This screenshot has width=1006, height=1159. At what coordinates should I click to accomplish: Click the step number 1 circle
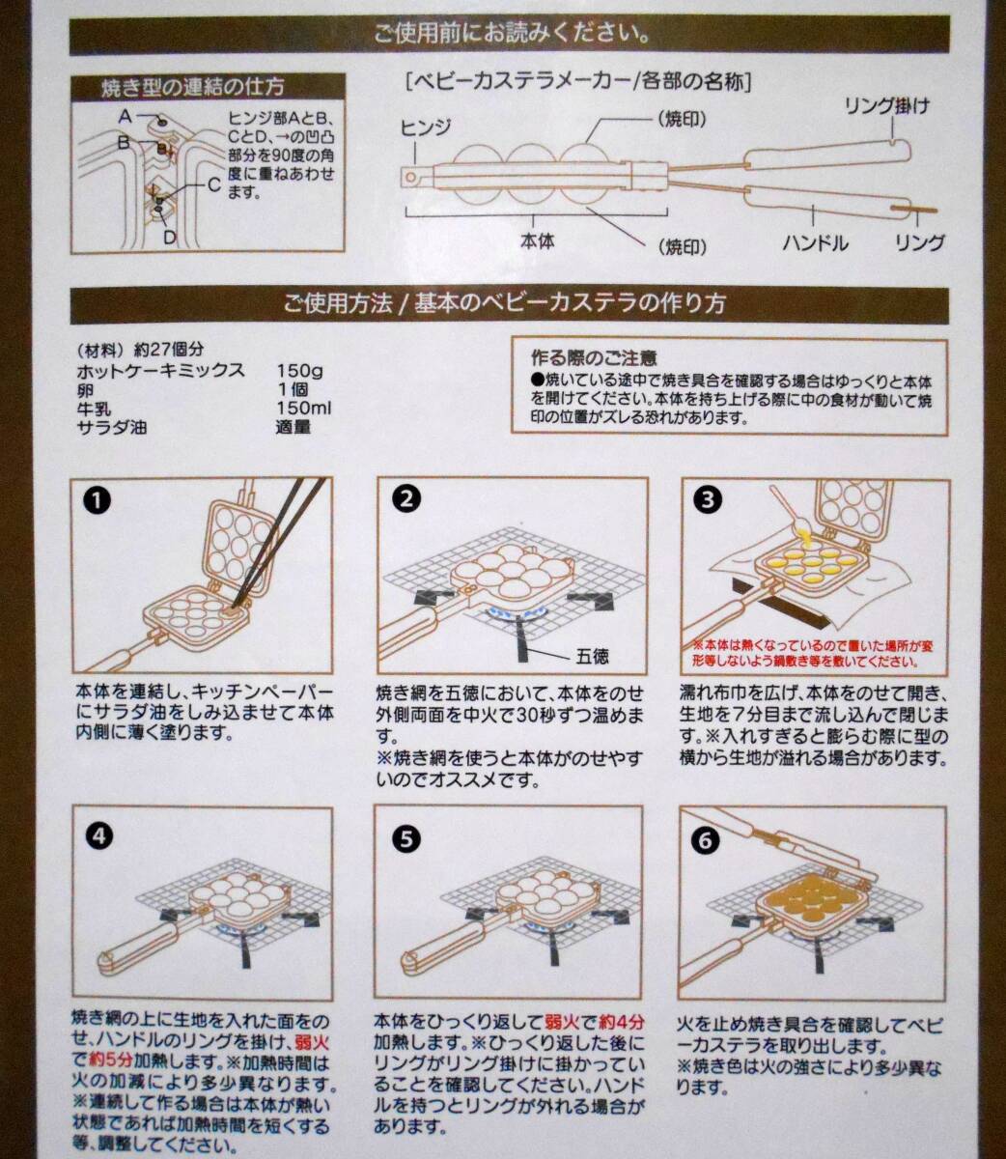(x=97, y=500)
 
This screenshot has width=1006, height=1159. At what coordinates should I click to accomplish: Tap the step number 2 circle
(x=405, y=499)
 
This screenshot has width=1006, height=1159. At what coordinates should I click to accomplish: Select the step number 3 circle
(x=708, y=499)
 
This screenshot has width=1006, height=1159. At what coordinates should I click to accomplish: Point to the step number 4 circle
(x=99, y=836)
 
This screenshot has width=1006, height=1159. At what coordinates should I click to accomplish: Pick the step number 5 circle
(x=405, y=839)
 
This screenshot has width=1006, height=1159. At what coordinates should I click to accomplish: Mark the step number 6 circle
(x=705, y=840)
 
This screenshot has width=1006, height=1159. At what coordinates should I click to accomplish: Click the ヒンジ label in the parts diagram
(x=425, y=128)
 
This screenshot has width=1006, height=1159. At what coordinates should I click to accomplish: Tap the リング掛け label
(x=887, y=106)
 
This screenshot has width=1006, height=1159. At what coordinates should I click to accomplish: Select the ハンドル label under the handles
(x=815, y=243)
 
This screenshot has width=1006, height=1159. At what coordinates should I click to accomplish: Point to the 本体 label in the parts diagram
(x=537, y=241)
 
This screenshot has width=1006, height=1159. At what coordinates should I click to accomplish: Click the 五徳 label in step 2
(x=593, y=657)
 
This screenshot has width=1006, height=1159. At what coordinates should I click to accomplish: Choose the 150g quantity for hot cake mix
(x=299, y=371)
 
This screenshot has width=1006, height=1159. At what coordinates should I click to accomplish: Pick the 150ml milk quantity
(x=304, y=408)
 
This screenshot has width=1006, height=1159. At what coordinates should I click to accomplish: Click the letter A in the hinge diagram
(x=126, y=117)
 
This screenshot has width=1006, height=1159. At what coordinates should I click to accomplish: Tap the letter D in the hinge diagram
(x=170, y=238)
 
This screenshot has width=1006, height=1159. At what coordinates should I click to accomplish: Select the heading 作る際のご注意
(x=594, y=357)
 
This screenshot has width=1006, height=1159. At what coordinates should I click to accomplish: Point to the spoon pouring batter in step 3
(x=788, y=510)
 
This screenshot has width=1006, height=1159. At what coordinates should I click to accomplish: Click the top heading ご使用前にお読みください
(x=512, y=35)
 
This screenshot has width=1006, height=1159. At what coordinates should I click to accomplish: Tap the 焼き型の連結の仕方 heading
(x=192, y=88)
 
